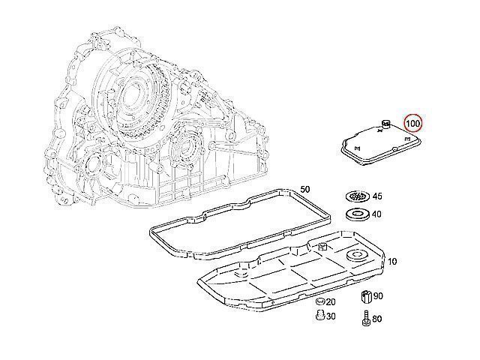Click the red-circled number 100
click(x=413, y=122)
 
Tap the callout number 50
click(x=304, y=188)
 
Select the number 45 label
click(x=376, y=196)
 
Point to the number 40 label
click(x=376, y=214)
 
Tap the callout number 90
click(x=378, y=297)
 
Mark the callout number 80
click(x=376, y=319)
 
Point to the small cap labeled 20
click(x=319, y=301)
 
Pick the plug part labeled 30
click(x=319, y=316)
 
